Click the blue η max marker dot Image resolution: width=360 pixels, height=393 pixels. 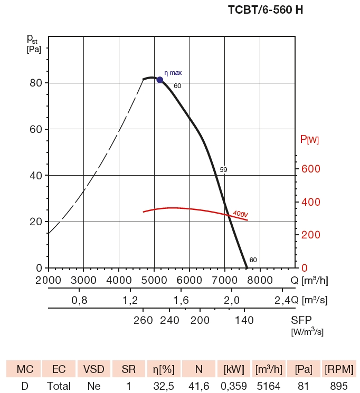coord(160,80)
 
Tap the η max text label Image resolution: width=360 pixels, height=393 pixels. coord(173,73)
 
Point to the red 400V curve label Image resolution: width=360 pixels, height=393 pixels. coord(240,214)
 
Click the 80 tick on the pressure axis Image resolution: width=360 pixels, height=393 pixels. coord(35,83)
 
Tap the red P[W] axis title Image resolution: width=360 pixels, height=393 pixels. coord(309,139)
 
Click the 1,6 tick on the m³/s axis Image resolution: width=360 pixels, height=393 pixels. coord(181,300)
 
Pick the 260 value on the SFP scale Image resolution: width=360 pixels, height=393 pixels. coord(143,320)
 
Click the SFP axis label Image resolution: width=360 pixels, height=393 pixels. coord(302,320)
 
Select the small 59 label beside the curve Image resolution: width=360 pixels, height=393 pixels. coord(223,170)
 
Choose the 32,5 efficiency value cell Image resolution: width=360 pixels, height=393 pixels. coord(164,386)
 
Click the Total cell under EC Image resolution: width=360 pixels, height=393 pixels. coord(59,386)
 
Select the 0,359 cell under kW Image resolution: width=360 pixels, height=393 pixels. coord(234,386)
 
